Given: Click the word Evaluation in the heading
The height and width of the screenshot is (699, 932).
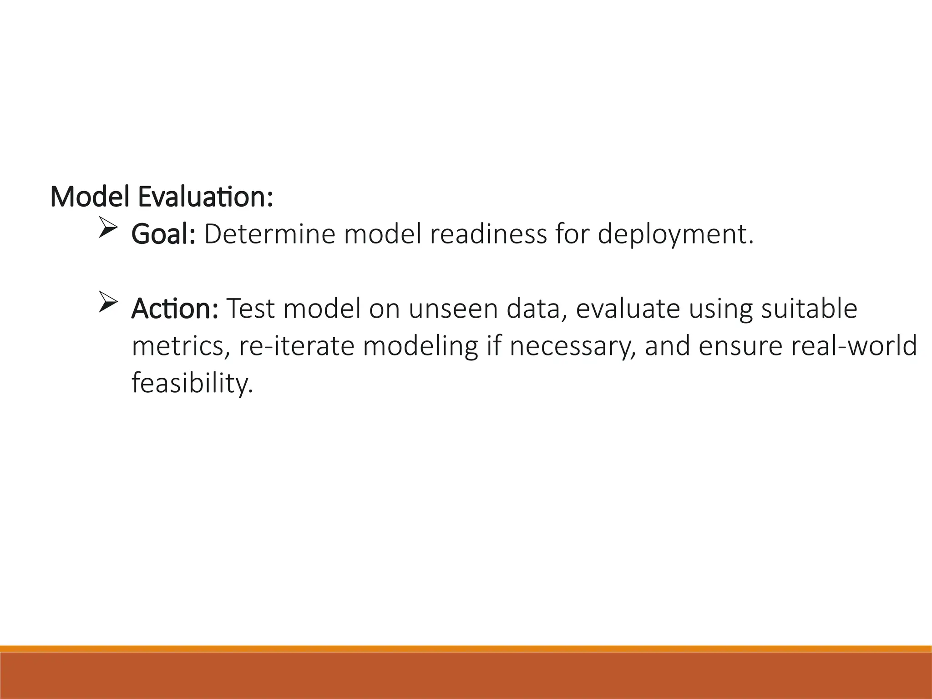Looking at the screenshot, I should (205, 197).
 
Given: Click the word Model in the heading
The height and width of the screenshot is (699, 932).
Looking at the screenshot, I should (89, 197).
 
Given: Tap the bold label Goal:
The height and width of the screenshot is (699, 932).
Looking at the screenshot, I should (163, 234).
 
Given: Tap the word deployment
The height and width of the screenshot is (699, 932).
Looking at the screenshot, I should (674, 235).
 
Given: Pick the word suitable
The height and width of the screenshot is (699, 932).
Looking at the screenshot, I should (809, 309).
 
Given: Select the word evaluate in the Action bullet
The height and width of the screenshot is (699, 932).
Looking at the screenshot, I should (628, 309).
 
